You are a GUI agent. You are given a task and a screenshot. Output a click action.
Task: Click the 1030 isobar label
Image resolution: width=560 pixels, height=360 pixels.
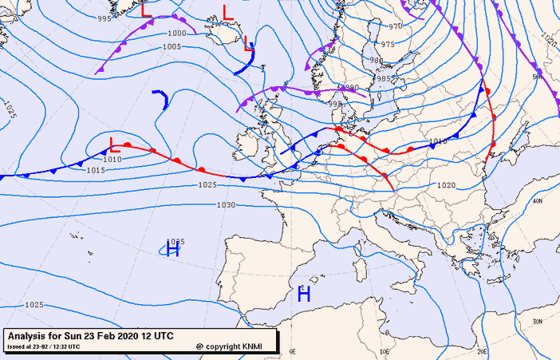point(226,205)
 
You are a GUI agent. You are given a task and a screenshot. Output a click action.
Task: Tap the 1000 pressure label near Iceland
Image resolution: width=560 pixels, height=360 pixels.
point(177,34)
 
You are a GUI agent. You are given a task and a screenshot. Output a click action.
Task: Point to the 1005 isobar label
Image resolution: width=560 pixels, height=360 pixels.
point(172,47)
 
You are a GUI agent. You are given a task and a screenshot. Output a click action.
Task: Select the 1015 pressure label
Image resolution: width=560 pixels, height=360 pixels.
point(96,170)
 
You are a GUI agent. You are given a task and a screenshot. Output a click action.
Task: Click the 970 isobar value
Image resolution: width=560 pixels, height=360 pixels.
point(396,26)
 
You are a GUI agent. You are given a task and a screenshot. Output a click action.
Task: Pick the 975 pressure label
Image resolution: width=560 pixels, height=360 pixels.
point(388,45)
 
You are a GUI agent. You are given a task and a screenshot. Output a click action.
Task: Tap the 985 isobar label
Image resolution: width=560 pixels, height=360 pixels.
point(385,78)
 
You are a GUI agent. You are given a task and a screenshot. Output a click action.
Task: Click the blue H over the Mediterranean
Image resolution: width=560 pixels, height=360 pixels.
point(303,294)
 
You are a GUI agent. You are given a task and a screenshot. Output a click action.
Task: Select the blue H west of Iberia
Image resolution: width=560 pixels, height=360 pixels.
point(172,249)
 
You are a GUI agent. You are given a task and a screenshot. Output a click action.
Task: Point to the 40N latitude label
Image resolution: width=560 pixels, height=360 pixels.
point(538,201)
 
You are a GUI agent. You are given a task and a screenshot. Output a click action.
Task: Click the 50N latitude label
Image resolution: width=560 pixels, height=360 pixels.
point(538,77)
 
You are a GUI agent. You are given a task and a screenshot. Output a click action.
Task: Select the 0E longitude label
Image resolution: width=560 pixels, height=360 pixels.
point(292,351)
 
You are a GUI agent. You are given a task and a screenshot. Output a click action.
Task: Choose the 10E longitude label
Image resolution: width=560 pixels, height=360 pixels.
point(385,351)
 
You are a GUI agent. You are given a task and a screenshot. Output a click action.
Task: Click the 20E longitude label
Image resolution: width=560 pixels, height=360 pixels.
point(482,351)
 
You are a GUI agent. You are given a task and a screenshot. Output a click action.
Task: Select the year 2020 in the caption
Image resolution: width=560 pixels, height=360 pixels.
point(126,336)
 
